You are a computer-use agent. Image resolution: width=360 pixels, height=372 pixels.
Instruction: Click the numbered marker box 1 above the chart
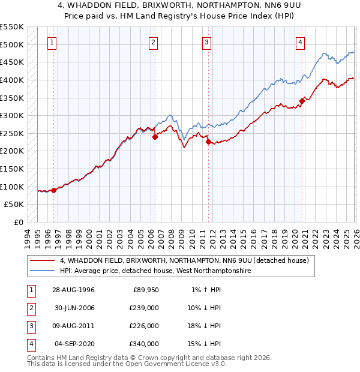coord(53,42)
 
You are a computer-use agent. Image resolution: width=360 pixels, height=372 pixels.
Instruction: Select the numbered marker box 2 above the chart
coord(154,42)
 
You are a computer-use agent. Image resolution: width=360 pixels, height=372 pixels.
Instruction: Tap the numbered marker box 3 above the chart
coord(206,42)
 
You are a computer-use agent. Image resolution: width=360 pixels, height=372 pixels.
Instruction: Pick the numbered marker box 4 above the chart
coord(300,42)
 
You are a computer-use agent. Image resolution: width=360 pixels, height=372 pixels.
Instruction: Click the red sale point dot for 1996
coord(54,190)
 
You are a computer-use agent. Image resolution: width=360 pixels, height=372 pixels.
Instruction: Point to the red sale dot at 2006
coord(155,137)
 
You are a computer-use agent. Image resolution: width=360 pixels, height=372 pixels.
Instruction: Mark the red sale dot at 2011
coord(208,142)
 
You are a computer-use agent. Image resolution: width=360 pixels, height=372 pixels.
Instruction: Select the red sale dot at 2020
coord(302,101)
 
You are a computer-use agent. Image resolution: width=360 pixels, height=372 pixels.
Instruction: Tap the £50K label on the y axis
coord(14,205)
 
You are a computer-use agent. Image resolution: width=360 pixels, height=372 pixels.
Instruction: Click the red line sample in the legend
coord(43,261)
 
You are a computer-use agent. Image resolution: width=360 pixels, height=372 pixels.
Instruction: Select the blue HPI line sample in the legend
coord(43,271)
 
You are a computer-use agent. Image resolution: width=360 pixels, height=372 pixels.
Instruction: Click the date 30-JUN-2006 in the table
coord(75,308)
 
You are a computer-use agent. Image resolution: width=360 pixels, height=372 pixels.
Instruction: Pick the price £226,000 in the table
coord(145,326)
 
